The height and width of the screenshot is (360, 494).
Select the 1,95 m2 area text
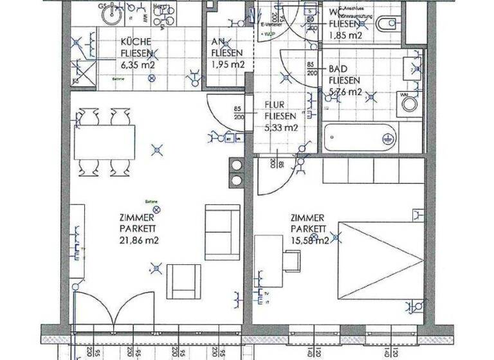click(x=228, y=64)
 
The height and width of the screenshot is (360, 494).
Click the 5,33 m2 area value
click(x=281, y=127)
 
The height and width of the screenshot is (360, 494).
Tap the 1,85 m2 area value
click(x=345, y=36)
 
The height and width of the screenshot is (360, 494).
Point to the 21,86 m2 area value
click(x=139, y=240)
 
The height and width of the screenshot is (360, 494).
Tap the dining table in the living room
click(x=104, y=143)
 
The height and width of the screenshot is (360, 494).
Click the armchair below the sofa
click(x=183, y=282)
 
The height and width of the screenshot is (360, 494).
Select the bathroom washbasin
click(x=412, y=66)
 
